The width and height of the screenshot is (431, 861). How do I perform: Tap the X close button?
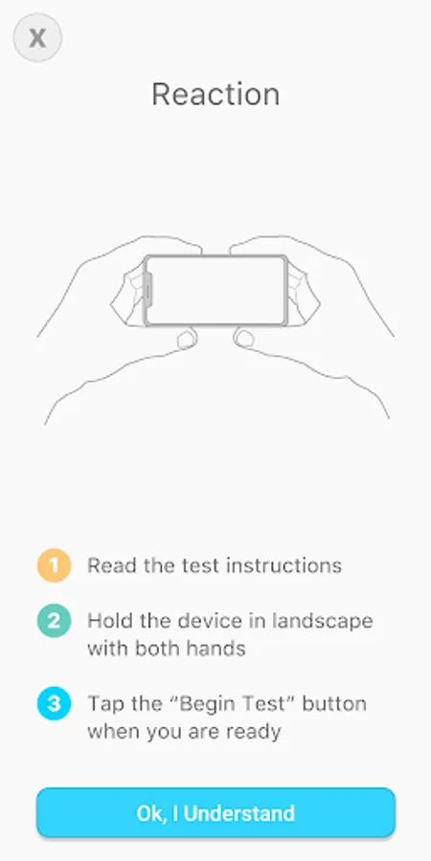click(x=37, y=38)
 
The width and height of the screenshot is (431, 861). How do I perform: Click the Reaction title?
click(x=215, y=95)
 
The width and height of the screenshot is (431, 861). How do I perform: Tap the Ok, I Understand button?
click(x=215, y=812)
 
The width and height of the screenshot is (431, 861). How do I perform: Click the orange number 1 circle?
click(x=54, y=565)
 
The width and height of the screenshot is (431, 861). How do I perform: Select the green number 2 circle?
click(x=54, y=621)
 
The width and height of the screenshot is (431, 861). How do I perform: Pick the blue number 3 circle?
click(x=54, y=703)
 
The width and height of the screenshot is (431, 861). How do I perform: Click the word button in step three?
click(x=334, y=703)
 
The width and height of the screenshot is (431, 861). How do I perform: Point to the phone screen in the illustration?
click(x=216, y=291)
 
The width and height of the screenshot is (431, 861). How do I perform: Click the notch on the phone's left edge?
click(x=148, y=291)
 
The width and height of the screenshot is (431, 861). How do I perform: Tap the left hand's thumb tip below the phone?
click(x=187, y=339)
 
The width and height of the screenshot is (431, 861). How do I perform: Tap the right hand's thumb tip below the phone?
click(x=245, y=339)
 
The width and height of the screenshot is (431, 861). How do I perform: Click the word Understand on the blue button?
click(x=239, y=812)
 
